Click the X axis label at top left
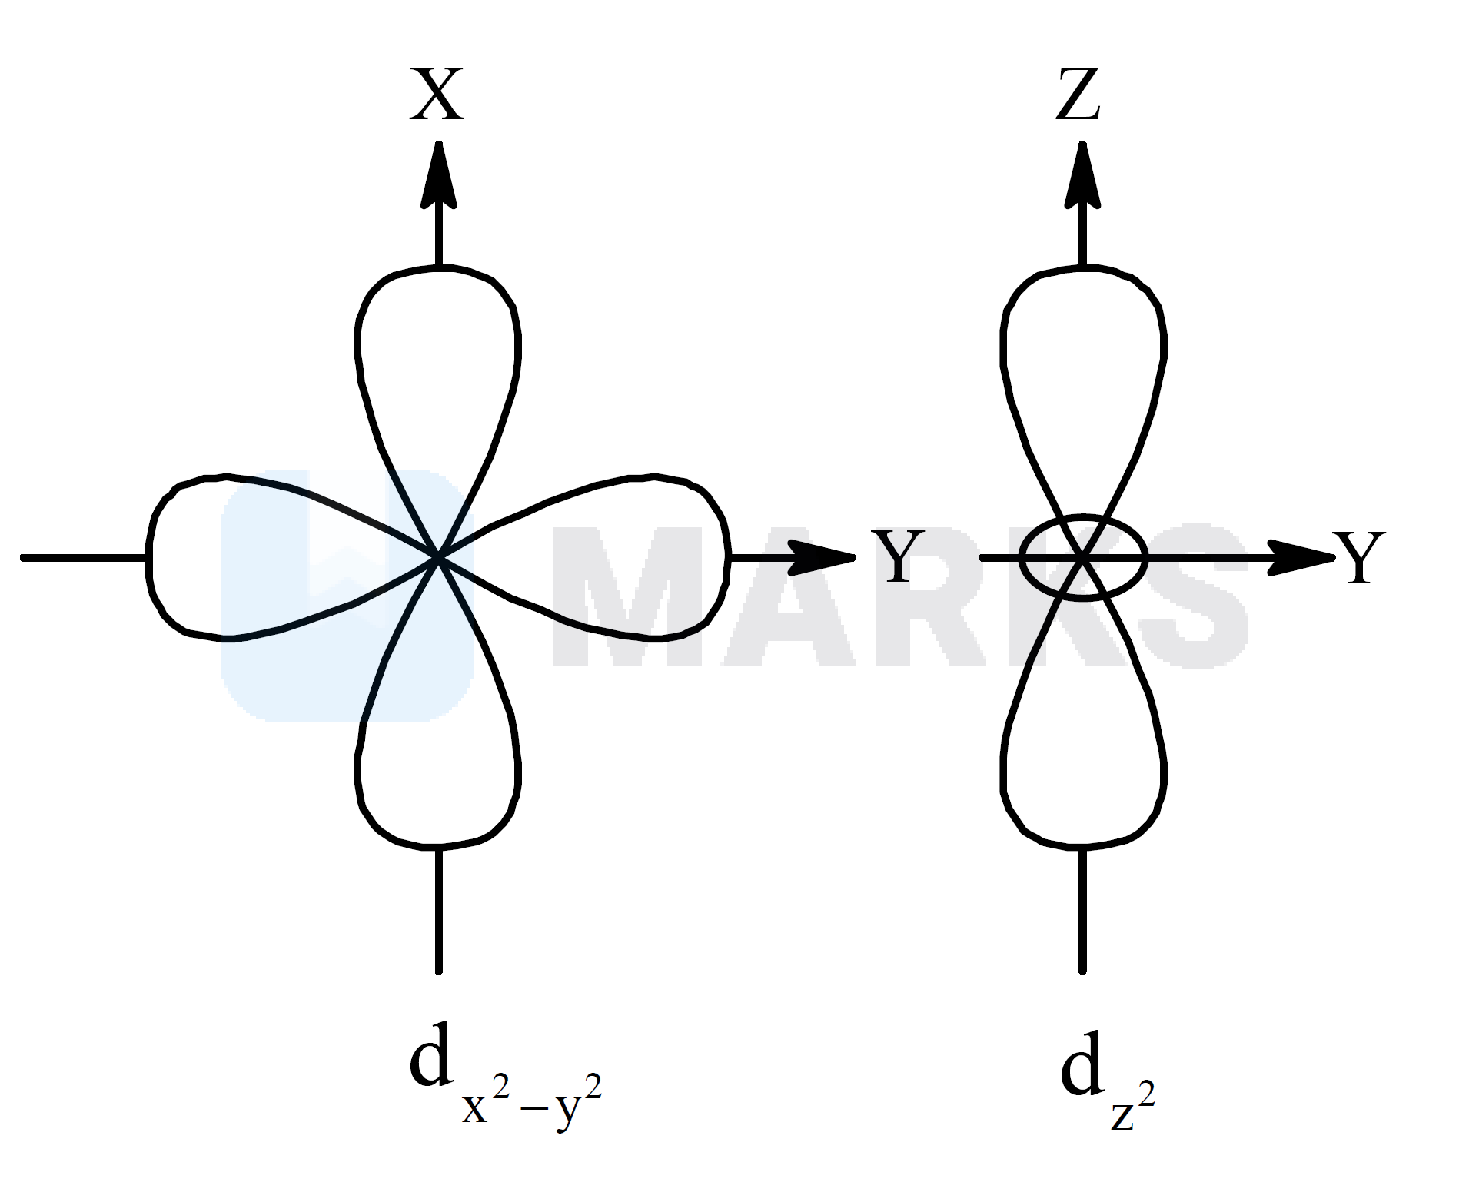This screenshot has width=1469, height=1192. [437, 95]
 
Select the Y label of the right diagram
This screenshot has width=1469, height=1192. [1359, 557]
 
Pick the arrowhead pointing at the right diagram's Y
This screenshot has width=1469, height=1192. [1301, 557]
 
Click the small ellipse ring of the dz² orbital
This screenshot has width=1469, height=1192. [1082, 516]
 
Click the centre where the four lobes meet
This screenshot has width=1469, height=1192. [438, 556]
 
